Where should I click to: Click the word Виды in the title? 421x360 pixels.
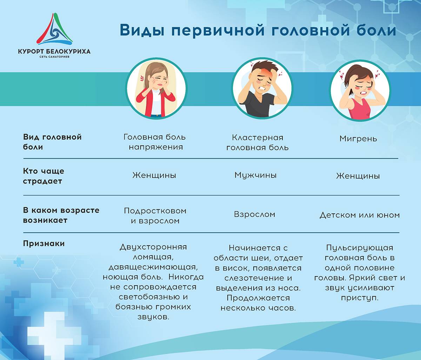(142, 30)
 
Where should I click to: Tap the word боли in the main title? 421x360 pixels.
(375, 30)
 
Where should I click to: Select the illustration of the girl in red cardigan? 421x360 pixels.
(156, 88)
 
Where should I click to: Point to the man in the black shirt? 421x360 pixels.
(262, 88)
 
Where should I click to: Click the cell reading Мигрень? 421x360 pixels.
(358, 139)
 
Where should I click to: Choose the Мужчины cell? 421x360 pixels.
(255, 175)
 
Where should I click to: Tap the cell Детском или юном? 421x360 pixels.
(360, 215)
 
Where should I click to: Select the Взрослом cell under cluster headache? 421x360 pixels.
(254, 214)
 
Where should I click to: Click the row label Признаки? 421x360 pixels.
(44, 244)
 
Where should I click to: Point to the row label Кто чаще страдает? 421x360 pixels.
(44, 176)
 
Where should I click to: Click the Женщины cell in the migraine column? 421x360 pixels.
(358, 176)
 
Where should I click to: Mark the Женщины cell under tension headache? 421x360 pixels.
(154, 175)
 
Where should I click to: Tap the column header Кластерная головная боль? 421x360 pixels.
(258, 142)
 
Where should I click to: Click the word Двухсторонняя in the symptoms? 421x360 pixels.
(153, 247)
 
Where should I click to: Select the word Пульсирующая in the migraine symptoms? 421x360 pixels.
(360, 248)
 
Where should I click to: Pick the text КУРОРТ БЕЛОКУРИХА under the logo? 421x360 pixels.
(54, 51)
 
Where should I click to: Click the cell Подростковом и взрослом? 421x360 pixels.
(155, 216)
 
